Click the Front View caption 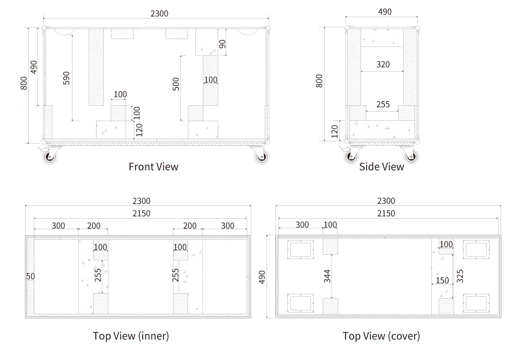click(153, 167)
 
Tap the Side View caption click(381, 167)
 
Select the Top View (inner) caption click(131, 336)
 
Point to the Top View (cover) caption click(381, 336)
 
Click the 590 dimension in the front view click(66, 78)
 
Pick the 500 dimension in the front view click(176, 84)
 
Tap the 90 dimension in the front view click(222, 44)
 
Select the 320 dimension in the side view click(383, 65)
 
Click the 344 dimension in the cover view click(327, 276)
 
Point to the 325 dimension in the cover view click(460, 276)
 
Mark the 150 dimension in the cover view click(442, 281)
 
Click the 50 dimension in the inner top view click(30, 276)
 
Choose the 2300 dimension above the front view click(159, 14)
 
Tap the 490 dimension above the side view click(385, 12)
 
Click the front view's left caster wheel click(50, 157)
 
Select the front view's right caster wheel click(262, 157)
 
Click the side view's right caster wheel click(411, 156)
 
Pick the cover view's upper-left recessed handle click(300, 249)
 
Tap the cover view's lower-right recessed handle click(476, 303)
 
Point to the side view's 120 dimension click(335, 131)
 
